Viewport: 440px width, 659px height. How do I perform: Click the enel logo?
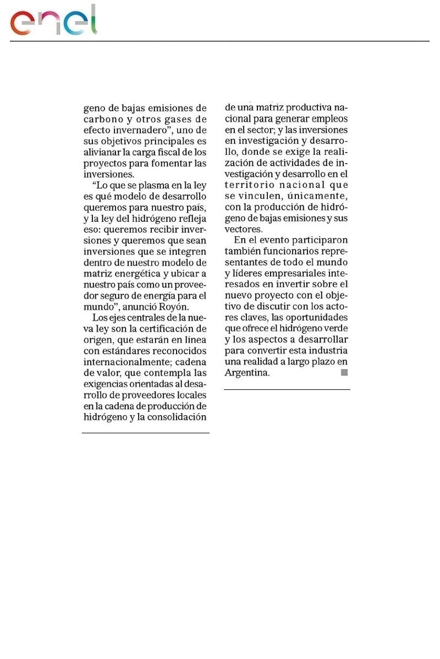click(x=53, y=21)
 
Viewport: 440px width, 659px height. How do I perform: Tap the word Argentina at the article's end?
click(x=246, y=372)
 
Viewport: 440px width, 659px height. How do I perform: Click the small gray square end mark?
click(x=344, y=372)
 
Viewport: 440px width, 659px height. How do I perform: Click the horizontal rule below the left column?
click(x=145, y=433)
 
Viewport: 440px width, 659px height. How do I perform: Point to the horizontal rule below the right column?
click(x=287, y=390)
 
